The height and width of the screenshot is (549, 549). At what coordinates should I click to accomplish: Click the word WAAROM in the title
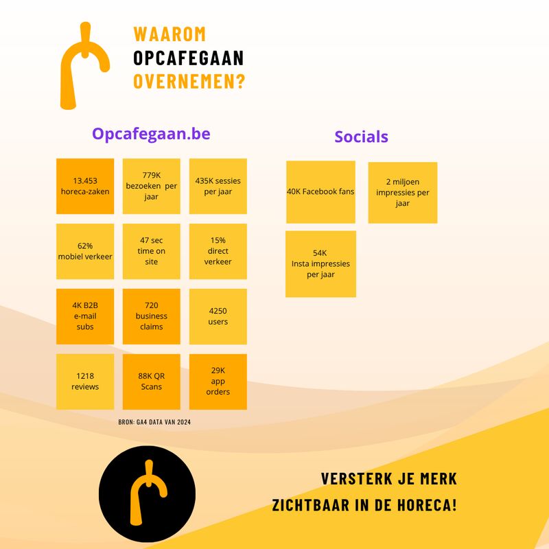click(x=170, y=34)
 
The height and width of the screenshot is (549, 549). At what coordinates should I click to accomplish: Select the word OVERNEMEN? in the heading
click(x=189, y=81)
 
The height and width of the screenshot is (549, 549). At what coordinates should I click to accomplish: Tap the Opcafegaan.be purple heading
click(x=151, y=134)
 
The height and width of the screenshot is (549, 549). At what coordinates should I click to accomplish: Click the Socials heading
click(x=362, y=137)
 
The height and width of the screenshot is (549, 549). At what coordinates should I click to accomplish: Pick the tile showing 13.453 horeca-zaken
click(x=85, y=186)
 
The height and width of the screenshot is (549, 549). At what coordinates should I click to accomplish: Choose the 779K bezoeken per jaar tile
click(x=151, y=186)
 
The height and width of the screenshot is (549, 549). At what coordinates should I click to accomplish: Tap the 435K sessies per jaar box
click(x=218, y=186)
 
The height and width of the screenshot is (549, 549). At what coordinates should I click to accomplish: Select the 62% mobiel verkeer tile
click(x=85, y=251)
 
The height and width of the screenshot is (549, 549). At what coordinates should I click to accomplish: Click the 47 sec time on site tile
click(x=151, y=251)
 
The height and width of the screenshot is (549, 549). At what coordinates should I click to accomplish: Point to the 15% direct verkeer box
click(x=218, y=251)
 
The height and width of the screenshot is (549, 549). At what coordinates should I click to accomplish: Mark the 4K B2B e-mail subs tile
click(x=85, y=316)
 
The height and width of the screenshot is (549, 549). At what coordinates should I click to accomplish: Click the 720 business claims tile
click(x=151, y=316)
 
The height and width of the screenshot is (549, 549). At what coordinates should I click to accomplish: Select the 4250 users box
click(x=218, y=316)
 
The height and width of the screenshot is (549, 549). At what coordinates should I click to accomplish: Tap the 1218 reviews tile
click(x=85, y=382)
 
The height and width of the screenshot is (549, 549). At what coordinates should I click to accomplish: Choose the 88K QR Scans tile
click(x=151, y=382)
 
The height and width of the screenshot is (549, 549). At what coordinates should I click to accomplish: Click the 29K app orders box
click(x=218, y=382)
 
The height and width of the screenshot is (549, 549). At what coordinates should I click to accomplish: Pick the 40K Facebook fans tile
click(x=320, y=192)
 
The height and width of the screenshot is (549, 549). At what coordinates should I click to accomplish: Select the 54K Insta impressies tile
click(x=320, y=264)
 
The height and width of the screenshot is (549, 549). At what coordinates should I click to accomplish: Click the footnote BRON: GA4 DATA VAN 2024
click(x=154, y=422)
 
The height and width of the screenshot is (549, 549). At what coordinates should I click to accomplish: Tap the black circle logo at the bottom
click(x=147, y=494)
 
